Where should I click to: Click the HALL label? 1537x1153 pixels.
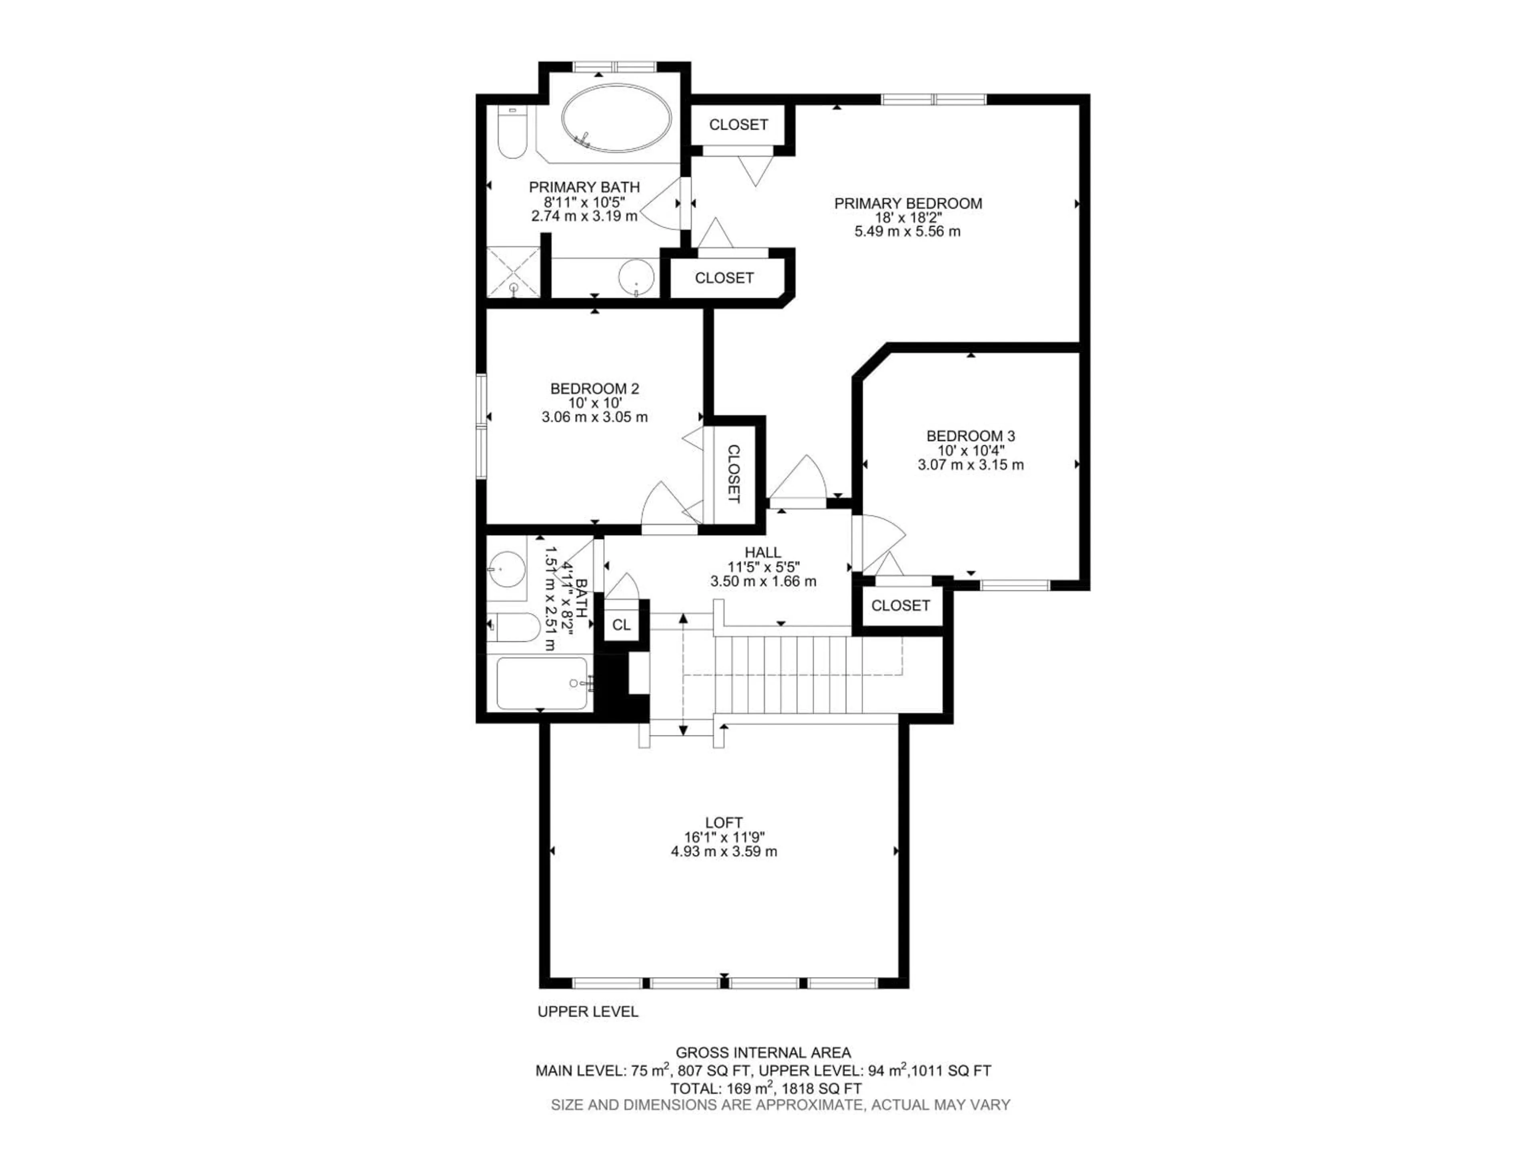pyautogui.click(x=763, y=552)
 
